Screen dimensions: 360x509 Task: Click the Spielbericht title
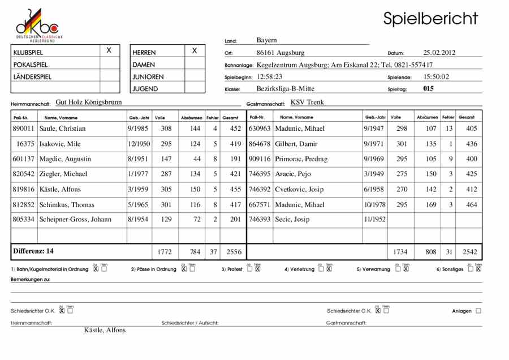click(x=430, y=18)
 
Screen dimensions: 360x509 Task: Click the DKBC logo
click(x=37, y=24)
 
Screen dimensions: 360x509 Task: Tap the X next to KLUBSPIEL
click(x=109, y=51)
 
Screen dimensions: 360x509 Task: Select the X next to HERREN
click(x=195, y=51)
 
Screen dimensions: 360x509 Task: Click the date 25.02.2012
click(x=439, y=53)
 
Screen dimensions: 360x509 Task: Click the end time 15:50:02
click(x=436, y=76)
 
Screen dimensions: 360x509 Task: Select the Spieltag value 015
click(x=428, y=88)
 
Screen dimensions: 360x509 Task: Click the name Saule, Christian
click(x=63, y=128)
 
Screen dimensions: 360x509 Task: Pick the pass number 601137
click(x=23, y=159)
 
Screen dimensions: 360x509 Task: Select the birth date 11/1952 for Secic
click(x=374, y=220)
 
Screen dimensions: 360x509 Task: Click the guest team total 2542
click(x=468, y=251)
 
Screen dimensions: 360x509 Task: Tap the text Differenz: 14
click(x=33, y=250)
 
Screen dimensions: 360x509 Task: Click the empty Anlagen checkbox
click(x=478, y=311)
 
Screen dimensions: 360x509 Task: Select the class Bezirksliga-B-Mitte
click(x=285, y=88)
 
